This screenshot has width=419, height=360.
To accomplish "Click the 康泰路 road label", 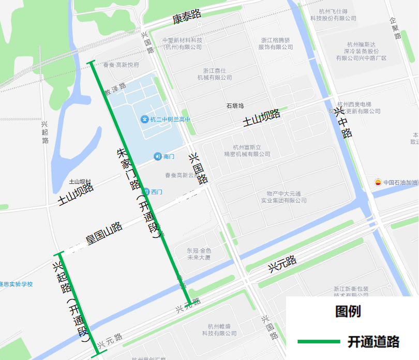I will (187, 18).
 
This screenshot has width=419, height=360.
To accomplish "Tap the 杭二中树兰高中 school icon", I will (145, 119).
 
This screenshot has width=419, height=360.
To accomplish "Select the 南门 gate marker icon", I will (157, 156).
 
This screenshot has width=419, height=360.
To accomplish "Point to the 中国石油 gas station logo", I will (378, 182).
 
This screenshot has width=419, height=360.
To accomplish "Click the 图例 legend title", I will (348, 311).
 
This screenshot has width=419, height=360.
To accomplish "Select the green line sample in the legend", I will (318, 342).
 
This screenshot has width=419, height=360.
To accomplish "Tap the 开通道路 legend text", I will (373, 342).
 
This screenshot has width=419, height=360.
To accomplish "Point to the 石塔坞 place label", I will (234, 106).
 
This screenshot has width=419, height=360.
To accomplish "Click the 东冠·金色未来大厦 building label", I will (199, 254).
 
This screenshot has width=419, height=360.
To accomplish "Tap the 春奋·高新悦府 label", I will (121, 65).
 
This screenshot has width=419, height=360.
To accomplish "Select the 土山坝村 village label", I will (80, 182).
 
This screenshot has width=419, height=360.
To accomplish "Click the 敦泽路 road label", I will (115, 89).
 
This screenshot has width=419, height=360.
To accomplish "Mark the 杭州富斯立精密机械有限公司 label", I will (247, 151).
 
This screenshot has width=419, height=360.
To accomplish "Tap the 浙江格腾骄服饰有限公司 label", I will (276, 43).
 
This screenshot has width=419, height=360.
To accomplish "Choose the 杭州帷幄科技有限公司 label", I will (219, 329).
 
